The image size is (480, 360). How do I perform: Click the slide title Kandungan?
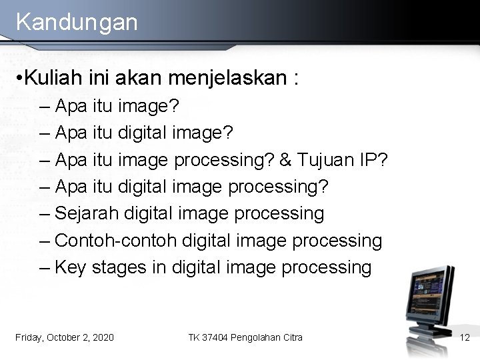[77, 21]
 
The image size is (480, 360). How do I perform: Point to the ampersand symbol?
[285, 160]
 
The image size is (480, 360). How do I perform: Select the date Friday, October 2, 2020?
[64, 338]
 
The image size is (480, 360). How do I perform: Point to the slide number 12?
[465, 338]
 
